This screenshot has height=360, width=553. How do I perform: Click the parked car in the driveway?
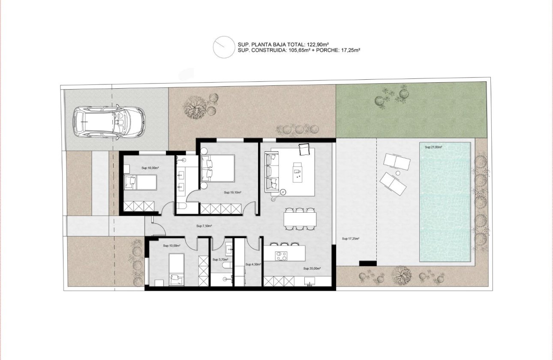[108, 122]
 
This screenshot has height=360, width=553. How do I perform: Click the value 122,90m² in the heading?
[318, 44]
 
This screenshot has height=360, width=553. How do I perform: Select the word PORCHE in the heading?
[328, 50]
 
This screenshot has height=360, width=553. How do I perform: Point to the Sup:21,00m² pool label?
[433, 147]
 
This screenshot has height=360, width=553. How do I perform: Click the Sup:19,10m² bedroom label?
[232, 193]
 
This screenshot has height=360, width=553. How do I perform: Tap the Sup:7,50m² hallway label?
[205, 226]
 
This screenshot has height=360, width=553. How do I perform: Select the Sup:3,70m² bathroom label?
[220, 259]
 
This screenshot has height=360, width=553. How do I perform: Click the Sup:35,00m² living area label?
[312, 268]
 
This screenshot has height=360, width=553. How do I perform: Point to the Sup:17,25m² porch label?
[350, 238]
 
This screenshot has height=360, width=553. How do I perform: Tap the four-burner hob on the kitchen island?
[281, 256]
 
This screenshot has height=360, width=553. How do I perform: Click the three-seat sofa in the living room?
[271, 172]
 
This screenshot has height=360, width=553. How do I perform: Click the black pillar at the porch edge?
[367, 263]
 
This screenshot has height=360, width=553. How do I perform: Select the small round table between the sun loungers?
[398, 173]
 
